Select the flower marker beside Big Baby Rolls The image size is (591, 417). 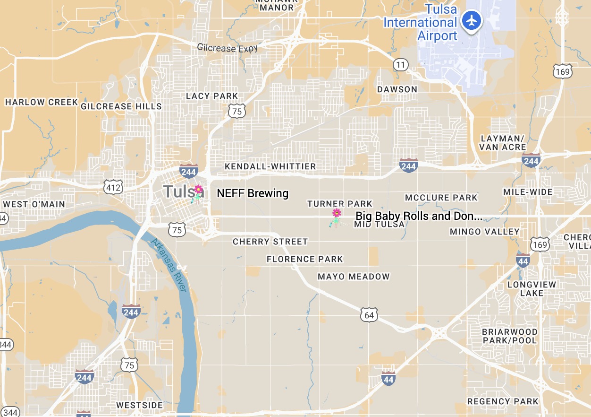pos(336,214)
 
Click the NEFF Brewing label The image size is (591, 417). pos(253,193)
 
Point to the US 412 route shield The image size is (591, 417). pos(114,187)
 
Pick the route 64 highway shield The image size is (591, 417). pos(369,315)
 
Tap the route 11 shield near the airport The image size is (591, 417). pos(400,65)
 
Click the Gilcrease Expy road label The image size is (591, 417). pos(228,47)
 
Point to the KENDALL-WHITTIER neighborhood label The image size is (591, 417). pos(270,166)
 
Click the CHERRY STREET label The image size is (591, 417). pos(270,242)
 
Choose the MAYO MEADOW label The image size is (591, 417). pos(354,277)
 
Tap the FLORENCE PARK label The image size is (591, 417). pos(304,259)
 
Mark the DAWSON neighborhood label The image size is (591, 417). pos(397,89)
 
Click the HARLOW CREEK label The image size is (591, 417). pos(41,102)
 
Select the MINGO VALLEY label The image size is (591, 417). pos(484,232)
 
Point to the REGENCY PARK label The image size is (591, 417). pos(503,401)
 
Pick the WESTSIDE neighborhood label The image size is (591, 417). pos(139,405)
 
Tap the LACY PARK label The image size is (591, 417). pos(212,96)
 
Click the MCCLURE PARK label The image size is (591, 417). pos(441,198)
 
